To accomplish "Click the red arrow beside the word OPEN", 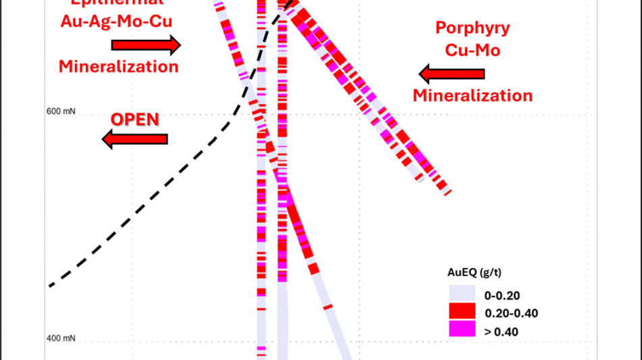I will coord(134,140).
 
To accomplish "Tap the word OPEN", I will coord(134,120).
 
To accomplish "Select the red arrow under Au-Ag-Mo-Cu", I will coord(146,45).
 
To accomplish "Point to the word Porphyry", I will coord(472,28).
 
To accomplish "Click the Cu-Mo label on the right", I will coord(472,50).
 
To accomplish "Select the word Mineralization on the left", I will coord(118,66).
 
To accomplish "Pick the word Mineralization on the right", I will coord(472,95).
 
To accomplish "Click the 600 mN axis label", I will coord(61,111).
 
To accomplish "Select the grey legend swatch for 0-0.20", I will coord(461,294).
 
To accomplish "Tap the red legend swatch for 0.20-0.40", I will coord(461,312).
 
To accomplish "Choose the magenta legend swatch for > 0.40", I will coord(461,330).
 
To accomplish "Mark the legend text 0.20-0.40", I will coord(511,313).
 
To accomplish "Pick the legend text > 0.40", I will coord(502,331).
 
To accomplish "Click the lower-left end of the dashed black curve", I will coord(50,286).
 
